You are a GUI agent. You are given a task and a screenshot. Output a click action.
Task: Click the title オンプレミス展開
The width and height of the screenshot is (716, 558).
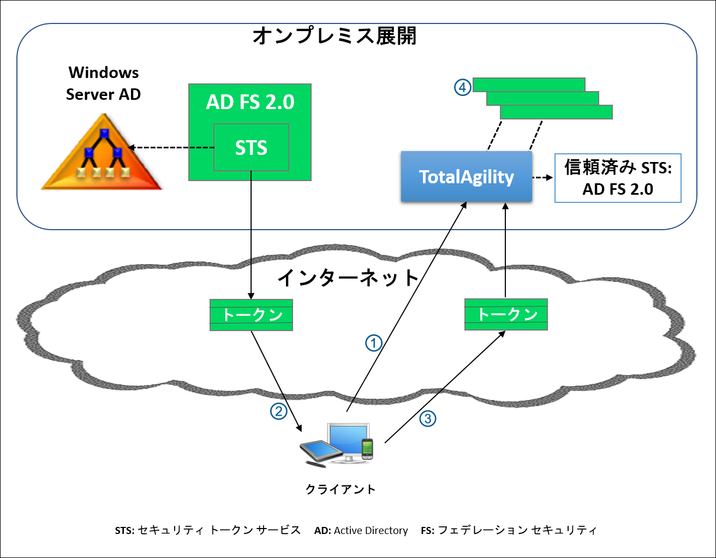pyautogui.click(x=335, y=36)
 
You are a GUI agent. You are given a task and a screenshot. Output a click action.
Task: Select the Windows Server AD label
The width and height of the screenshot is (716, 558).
pyautogui.click(x=103, y=83)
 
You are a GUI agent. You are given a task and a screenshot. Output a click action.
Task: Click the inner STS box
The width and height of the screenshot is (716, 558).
pyautogui.click(x=251, y=147)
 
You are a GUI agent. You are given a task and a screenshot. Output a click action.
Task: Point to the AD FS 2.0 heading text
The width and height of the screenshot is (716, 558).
pyautogui.click(x=250, y=102)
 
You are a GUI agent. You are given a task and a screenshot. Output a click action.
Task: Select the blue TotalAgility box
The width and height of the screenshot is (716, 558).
pyautogui.click(x=466, y=177)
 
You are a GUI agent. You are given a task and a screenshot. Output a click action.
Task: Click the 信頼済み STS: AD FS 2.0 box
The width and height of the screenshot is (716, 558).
pyautogui.click(x=618, y=178)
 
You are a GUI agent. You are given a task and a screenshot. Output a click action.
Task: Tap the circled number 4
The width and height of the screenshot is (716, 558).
pyautogui.click(x=462, y=87)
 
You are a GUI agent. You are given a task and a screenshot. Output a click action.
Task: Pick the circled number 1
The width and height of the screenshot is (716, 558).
pyautogui.click(x=373, y=343)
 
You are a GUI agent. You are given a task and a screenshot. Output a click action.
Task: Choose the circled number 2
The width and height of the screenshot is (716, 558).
pyautogui.click(x=279, y=411)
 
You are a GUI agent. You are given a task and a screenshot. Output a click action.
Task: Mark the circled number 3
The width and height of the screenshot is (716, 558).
pyautogui.click(x=427, y=418)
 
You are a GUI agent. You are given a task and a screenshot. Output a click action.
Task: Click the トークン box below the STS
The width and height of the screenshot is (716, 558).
pyautogui.click(x=251, y=315)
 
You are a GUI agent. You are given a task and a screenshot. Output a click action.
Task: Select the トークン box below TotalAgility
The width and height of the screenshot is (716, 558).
pyautogui.click(x=506, y=314)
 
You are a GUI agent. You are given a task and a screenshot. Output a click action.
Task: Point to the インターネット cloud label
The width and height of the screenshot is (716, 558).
pyautogui.click(x=348, y=278)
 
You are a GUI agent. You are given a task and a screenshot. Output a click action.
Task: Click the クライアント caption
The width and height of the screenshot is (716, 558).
pyautogui.click(x=341, y=489)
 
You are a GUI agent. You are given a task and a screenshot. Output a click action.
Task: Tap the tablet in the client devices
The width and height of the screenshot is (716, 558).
pyautogui.click(x=320, y=451)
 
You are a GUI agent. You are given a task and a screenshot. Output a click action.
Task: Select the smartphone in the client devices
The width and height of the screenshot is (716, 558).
pyautogui.click(x=367, y=448)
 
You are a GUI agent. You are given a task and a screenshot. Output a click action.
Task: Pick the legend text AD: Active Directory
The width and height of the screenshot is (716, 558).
pyautogui.click(x=361, y=531)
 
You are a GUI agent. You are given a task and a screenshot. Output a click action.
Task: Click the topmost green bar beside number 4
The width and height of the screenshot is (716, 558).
pyautogui.click(x=528, y=85)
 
